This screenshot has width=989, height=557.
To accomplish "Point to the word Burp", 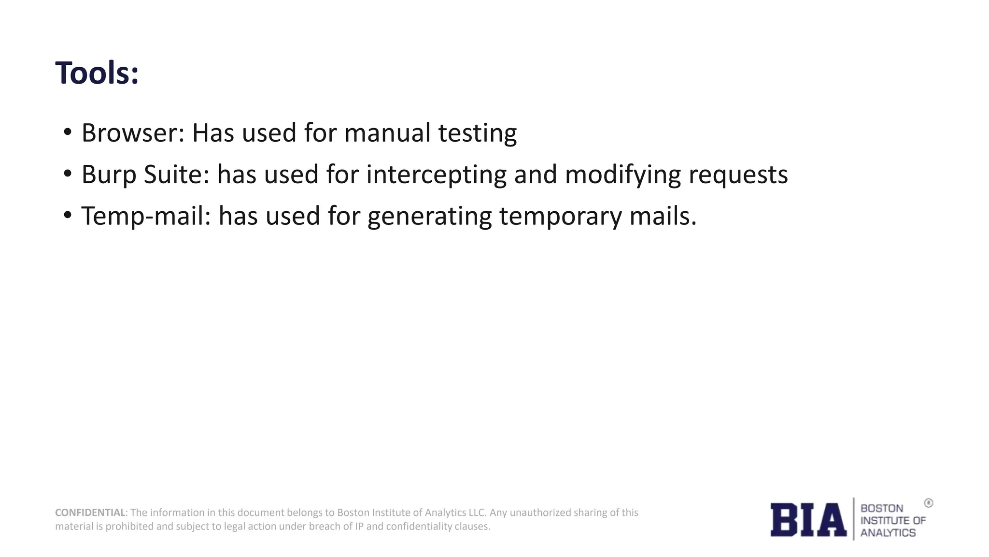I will click(109, 175).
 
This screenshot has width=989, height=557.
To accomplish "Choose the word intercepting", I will click(436, 175).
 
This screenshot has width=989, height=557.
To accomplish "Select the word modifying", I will click(622, 175).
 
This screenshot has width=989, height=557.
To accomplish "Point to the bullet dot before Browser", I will click(68, 132).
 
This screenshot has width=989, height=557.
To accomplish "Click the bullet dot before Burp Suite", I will click(68, 173).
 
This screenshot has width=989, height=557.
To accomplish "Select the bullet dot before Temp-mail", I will click(68, 214).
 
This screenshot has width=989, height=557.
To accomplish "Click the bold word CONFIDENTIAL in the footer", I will click(90, 513).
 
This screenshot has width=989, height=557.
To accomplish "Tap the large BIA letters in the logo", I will click(808, 520).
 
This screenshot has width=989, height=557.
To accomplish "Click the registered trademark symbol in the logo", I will click(929, 503).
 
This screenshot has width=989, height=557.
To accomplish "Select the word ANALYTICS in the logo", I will click(888, 533).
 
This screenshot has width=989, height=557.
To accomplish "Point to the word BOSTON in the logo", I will click(882, 508).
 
